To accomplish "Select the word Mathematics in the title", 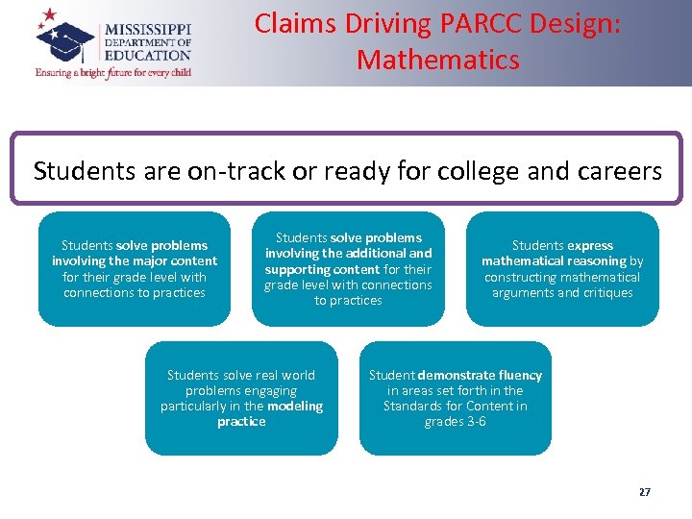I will [x=437, y=60].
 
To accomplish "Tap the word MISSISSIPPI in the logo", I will [x=147, y=29].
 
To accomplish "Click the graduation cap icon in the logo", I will [x=67, y=37].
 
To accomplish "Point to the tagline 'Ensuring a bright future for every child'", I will [x=113, y=72].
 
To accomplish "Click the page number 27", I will [x=644, y=491].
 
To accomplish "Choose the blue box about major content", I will [x=135, y=269].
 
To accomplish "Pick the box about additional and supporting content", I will [x=348, y=269].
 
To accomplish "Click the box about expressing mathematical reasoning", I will [x=562, y=269].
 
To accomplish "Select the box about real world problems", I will [x=241, y=398].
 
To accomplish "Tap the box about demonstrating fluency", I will [x=455, y=398].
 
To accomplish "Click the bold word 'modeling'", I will [x=295, y=407].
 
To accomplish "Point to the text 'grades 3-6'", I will [x=455, y=422].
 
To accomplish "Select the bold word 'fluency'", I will [x=520, y=375].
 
